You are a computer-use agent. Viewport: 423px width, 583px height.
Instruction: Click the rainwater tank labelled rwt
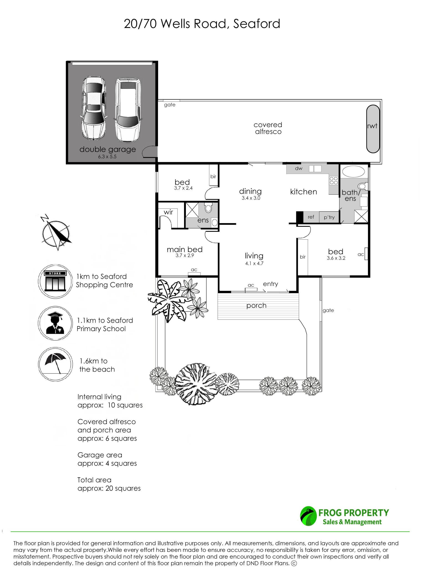[373, 129]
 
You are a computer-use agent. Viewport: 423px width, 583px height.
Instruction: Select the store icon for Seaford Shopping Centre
[56, 281]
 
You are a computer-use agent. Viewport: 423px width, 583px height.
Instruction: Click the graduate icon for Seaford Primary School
[56, 323]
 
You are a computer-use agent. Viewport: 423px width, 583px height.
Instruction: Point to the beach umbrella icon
[56, 364]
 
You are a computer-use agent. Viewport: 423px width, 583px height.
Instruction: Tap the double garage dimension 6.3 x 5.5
[107, 156]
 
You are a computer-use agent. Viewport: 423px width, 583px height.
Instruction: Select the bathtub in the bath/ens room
[353, 171]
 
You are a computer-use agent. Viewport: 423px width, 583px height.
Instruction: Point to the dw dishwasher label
[299, 168]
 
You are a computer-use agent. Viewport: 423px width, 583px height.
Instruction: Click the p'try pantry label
[329, 217]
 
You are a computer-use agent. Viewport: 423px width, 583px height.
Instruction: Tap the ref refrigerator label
[311, 217]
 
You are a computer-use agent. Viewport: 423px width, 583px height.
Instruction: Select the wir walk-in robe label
[168, 212]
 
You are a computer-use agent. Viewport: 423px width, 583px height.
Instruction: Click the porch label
[256, 306]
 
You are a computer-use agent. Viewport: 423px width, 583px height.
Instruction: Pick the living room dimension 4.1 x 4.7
[254, 263]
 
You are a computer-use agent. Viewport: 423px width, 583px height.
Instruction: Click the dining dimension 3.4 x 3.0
[251, 198]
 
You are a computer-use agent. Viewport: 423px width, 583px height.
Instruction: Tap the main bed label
[185, 249]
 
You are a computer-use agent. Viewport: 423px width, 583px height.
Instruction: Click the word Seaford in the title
[257, 24]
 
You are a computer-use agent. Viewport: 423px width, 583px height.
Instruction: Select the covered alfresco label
[268, 128]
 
